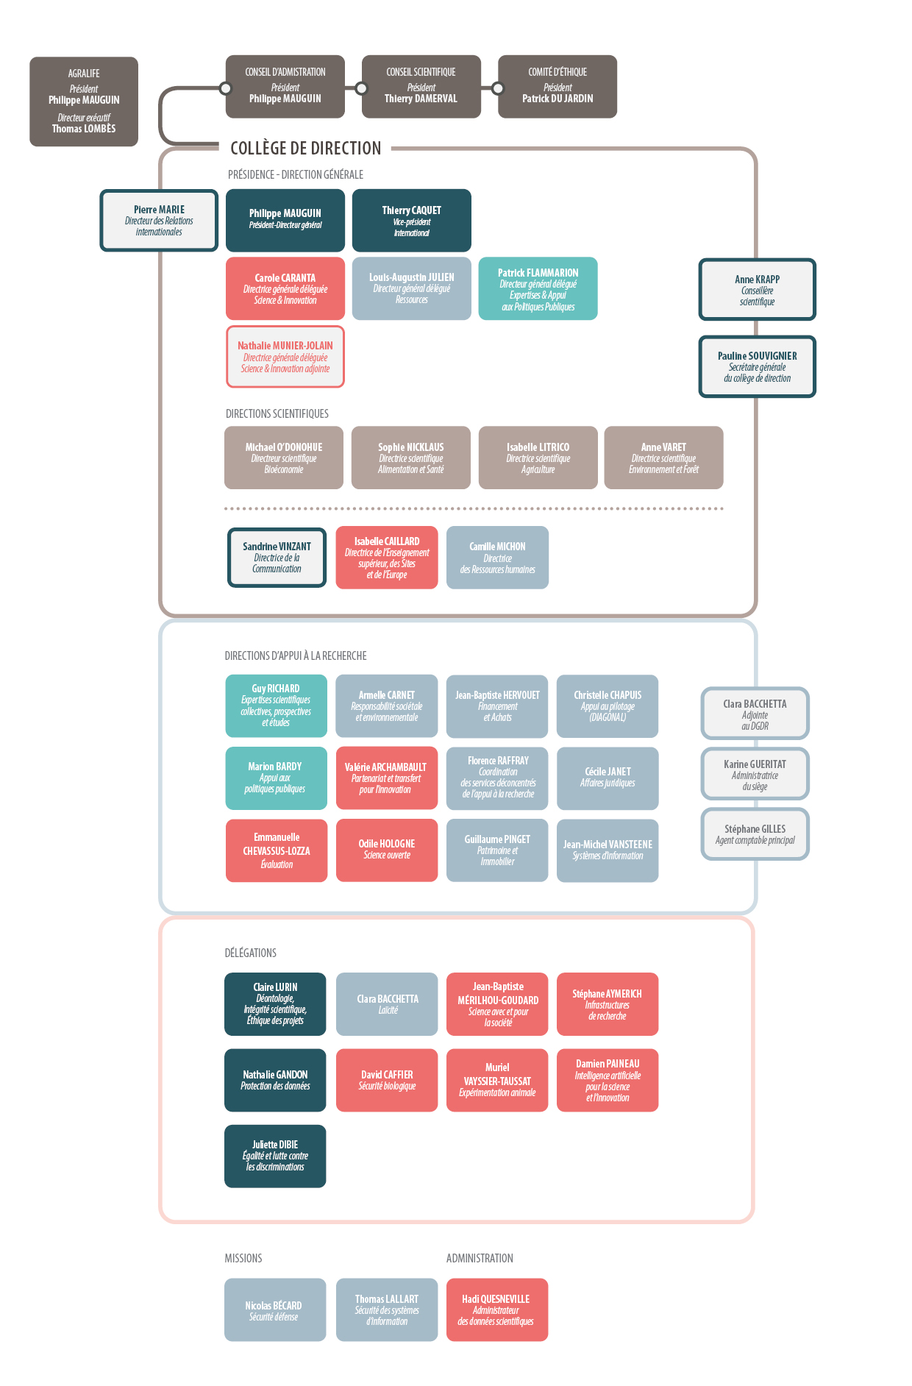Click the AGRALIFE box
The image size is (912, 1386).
pos(84,102)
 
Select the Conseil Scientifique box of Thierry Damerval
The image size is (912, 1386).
pos(421,87)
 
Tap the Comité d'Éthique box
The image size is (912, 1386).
pos(557,87)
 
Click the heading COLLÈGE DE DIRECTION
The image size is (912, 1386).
pos(306,149)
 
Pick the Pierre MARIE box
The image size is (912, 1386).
pos(159,221)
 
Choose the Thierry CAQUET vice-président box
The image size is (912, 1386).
pos(412,221)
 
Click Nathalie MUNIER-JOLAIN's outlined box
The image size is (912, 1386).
pos(285,357)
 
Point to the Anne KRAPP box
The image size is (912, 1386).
pos(758,290)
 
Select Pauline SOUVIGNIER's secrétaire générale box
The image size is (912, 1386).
pos(758,367)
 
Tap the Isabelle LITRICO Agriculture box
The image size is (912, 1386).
pos(538,458)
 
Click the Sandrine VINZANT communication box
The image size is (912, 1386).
pos(277,558)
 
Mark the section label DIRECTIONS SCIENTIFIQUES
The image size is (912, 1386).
pos(277,413)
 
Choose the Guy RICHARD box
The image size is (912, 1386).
pos(277,706)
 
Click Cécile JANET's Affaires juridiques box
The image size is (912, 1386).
pos(608,778)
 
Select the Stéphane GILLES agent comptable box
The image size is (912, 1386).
pos(755,834)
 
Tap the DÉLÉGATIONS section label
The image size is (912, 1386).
pos(251,953)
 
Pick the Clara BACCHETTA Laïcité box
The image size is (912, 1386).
pos(387,1004)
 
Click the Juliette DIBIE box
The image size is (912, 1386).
pos(275,1156)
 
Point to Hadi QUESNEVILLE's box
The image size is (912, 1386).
pos(497,1309)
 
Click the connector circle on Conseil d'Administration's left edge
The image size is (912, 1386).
pos(226,88)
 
